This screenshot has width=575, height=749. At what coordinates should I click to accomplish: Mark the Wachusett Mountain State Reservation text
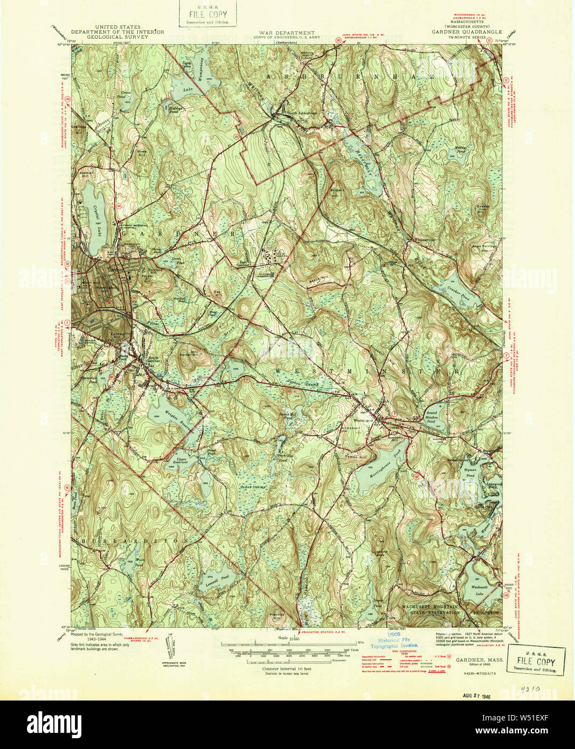point(430,609)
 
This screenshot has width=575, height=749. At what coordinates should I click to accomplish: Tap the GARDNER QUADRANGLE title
point(467,32)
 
